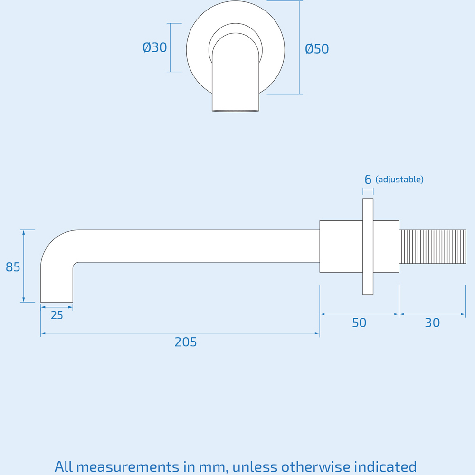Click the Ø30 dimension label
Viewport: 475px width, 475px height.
[155, 48]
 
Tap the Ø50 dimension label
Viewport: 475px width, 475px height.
[317, 49]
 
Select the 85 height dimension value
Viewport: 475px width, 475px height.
[13, 267]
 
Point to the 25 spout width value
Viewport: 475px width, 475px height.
[57, 315]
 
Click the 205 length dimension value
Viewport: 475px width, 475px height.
[185, 342]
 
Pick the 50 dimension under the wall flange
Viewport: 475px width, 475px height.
[359, 323]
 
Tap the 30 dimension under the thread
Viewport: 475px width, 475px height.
[432, 323]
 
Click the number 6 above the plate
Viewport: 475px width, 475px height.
[368, 180]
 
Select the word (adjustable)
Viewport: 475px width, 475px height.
[399, 180]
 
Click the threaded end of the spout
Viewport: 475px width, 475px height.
[432, 247]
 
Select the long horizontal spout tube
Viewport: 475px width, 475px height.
[199, 246]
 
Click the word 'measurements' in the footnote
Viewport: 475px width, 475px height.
[127, 466]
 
